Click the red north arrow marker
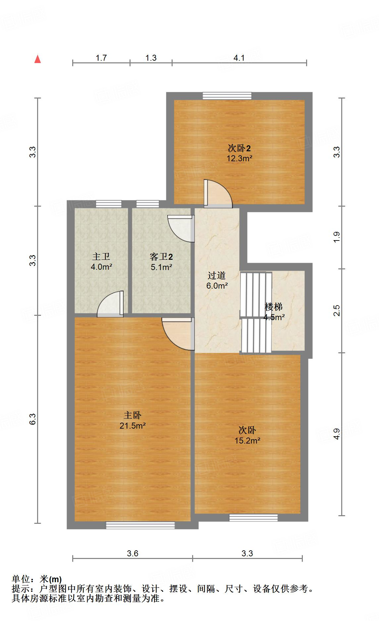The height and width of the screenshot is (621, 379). tap(38, 59)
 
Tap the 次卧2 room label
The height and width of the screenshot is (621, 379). tap(239, 148)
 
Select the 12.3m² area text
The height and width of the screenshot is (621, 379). tap(239, 159)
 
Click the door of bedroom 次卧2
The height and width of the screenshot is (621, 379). tap(217, 194)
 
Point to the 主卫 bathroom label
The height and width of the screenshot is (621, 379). tap(101, 256)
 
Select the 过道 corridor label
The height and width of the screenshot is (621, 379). tap(217, 275)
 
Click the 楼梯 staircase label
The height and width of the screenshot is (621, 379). tap(274, 307)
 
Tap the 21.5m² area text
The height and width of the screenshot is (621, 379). tap(133, 426)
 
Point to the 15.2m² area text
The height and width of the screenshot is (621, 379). tap(247, 441)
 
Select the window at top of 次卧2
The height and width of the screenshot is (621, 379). tap(227, 96)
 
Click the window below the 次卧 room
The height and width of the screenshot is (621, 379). tap(253, 517)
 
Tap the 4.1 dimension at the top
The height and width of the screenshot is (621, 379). tap(239, 58)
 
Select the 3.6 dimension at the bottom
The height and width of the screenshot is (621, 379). tap(133, 553)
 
